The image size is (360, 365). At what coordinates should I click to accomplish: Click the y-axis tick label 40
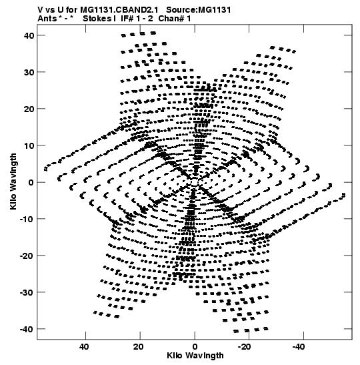pyautogui.click(x=29, y=35)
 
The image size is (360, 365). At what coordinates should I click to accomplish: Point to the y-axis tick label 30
pyautogui.click(x=29, y=72)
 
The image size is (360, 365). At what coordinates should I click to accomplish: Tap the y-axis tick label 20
pyautogui.click(x=29, y=109)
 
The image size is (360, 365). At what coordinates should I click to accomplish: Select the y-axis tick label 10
pyautogui.click(x=29, y=145)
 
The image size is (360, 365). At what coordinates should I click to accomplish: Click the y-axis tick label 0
pyautogui.click(x=31, y=182)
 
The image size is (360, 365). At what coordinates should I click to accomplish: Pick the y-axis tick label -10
pyautogui.click(x=27, y=219)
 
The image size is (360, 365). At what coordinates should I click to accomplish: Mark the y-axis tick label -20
pyautogui.click(x=27, y=256)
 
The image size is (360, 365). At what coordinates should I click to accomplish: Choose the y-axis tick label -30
pyautogui.click(x=27, y=292)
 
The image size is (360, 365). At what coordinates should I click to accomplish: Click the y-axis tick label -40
pyautogui.click(x=27, y=329)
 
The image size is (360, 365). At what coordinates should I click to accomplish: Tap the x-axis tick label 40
pyautogui.click(x=84, y=347)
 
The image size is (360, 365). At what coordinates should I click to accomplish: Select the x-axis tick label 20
pyautogui.click(x=139, y=347)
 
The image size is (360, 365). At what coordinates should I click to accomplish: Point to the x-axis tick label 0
pyautogui.click(x=195, y=347)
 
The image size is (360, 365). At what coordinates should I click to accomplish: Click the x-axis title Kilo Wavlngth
pyautogui.click(x=195, y=356)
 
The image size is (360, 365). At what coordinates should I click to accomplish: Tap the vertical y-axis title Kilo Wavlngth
pyautogui.click(x=13, y=181)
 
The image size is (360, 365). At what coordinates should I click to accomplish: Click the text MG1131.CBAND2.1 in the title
pyautogui.click(x=119, y=10)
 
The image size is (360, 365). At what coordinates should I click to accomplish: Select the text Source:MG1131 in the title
pyautogui.click(x=199, y=10)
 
